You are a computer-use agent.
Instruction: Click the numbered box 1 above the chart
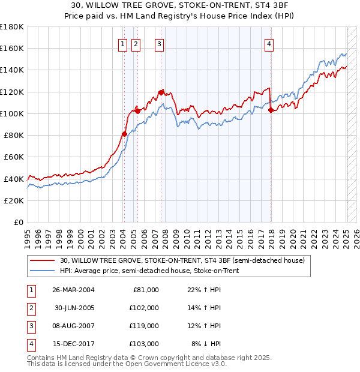click(122, 43)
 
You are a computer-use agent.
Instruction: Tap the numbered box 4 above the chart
click(269, 43)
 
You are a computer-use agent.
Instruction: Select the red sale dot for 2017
click(271, 110)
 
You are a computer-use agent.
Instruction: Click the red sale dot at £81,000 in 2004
click(124, 134)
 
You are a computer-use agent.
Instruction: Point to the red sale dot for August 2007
click(161, 92)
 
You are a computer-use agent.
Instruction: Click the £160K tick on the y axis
click(12, 48)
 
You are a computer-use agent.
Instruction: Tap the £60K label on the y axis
click(14, 157)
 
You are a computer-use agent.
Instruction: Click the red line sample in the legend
click(43, 260)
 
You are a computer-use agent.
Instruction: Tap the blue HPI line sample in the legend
click(43, 271)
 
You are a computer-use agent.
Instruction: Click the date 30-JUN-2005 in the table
click(73, 308)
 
